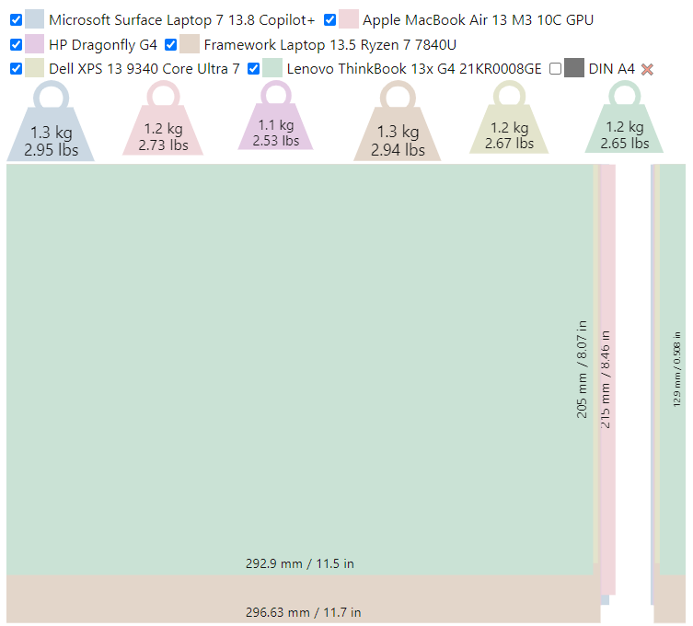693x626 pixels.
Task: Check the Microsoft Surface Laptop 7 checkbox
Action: pos(16,19)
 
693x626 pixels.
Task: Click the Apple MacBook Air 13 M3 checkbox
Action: pos(329,19)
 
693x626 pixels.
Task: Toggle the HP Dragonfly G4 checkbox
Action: pos(16,44)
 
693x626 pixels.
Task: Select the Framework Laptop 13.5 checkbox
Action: pos(170,44)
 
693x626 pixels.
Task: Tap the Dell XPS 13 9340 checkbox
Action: pos(16,68)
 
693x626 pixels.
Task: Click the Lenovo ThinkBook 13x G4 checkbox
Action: pos(254,68)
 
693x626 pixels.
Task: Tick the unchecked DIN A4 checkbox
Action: pos(555,68)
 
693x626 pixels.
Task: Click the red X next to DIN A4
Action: pos(647,69)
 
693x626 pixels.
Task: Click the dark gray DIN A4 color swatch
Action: pos(574,68)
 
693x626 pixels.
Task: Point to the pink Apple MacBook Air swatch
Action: pos(349,19)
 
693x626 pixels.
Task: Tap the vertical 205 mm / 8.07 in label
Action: pos(582,368)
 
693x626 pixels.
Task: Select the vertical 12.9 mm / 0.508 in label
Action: pos(676,368)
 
